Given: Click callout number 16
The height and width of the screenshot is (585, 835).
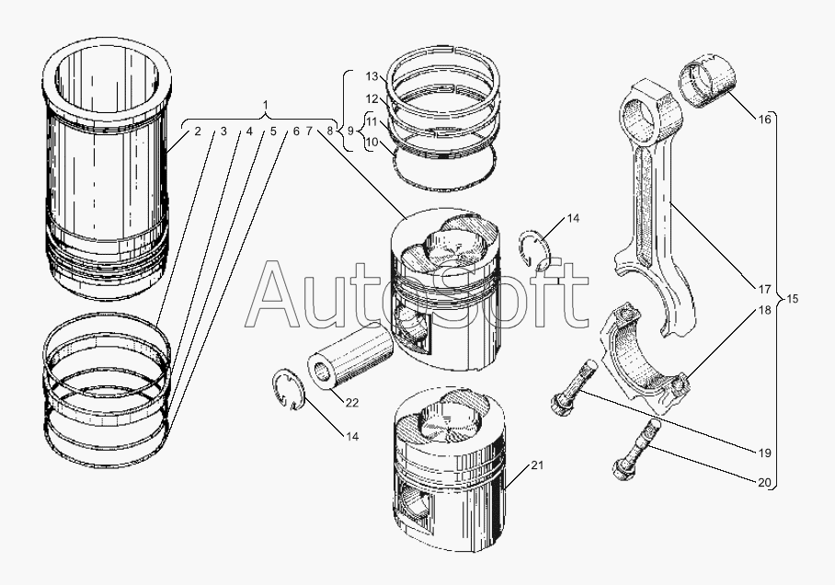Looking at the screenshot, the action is tap(764, 120).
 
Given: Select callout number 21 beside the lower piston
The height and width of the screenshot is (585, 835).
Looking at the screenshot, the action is tap(538, 465).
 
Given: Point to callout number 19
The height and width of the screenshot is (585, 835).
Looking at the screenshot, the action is tap(764, 453).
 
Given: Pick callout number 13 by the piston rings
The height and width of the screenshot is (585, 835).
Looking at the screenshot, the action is tap(372, 75).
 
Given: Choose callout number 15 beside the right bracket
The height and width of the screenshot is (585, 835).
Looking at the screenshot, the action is tap(793, 299).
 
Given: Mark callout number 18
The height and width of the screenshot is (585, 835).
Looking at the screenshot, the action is tap(764, 312).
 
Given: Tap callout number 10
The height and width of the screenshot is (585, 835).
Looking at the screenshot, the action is tap(372, 143).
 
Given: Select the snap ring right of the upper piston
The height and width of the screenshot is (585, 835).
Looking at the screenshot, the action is tap(535, 252).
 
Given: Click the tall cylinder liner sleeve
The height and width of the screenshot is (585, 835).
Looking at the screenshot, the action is tap(109, 175).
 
